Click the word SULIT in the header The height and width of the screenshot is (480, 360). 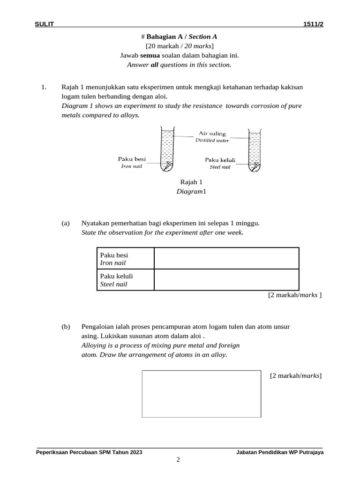[45, 25]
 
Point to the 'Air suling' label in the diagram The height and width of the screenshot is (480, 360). [212, 134]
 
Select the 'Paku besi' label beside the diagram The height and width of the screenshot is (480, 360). [132, 159]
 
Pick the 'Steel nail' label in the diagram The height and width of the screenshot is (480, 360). [220, 167]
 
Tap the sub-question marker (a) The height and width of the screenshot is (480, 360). [65, 223]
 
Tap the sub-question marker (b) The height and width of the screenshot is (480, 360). [65, 326]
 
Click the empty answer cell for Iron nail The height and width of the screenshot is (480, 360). [226, 258]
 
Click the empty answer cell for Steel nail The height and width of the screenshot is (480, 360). [226, 280]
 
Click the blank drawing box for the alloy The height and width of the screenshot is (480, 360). [202, 394]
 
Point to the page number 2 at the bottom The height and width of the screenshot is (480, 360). [178, 460]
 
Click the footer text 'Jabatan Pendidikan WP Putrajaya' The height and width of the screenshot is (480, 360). [280, 452]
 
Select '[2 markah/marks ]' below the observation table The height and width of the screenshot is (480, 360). [295, 295]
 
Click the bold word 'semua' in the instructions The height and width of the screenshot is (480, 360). [150, 55]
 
